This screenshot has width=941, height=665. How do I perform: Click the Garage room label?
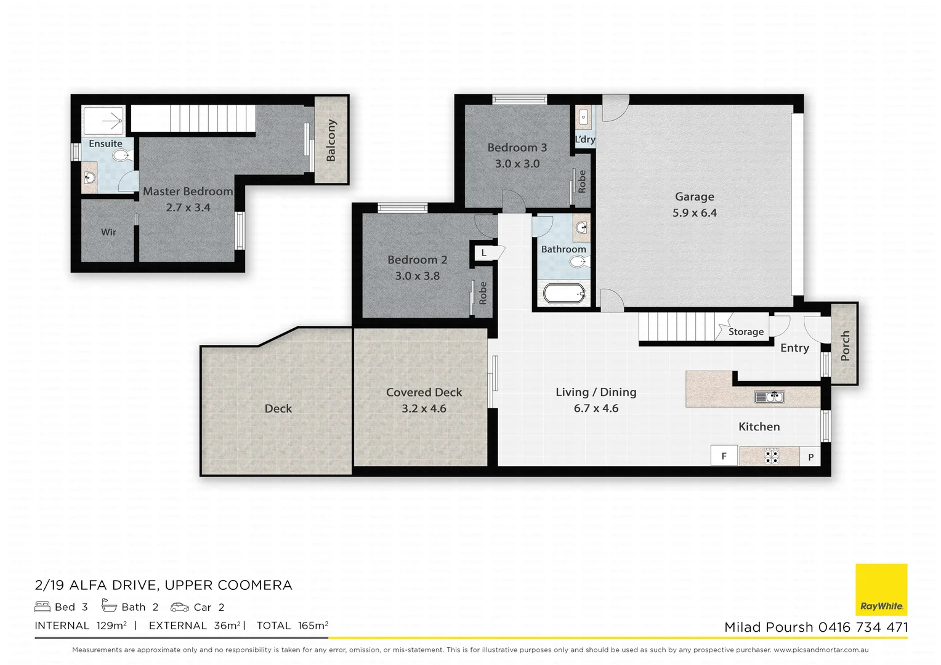tap(694, 197)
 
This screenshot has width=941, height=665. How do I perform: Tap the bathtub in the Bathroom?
tap(563, 294)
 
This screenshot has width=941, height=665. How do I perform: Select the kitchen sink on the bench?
tap(769, 397)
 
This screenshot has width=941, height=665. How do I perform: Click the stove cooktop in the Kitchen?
tap(771, 456)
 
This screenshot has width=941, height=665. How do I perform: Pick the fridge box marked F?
tap(724, 456)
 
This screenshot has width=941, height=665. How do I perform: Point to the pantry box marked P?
tap(810, 457)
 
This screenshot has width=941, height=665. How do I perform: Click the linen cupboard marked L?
tap(484, 253)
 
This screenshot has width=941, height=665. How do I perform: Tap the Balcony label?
tap(331, 140)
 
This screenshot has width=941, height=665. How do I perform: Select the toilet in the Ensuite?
tap(121, 155)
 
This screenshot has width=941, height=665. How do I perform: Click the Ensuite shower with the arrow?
tap(103, 122)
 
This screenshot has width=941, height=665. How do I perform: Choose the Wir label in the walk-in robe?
tap(108, 232)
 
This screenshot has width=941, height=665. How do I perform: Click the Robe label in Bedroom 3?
tap(582, 181)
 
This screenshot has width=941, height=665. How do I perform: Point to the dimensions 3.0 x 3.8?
tap(417, 276)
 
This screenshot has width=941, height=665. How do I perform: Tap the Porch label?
tap(845, 345)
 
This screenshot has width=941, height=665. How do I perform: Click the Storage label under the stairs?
tap(746, 332)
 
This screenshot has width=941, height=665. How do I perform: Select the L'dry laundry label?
tap(585, 139)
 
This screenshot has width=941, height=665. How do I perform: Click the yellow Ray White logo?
tap(881, 589)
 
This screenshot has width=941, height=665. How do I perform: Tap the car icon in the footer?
tap(180, 607)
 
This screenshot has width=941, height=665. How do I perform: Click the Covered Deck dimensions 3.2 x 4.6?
tap(424, 409)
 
